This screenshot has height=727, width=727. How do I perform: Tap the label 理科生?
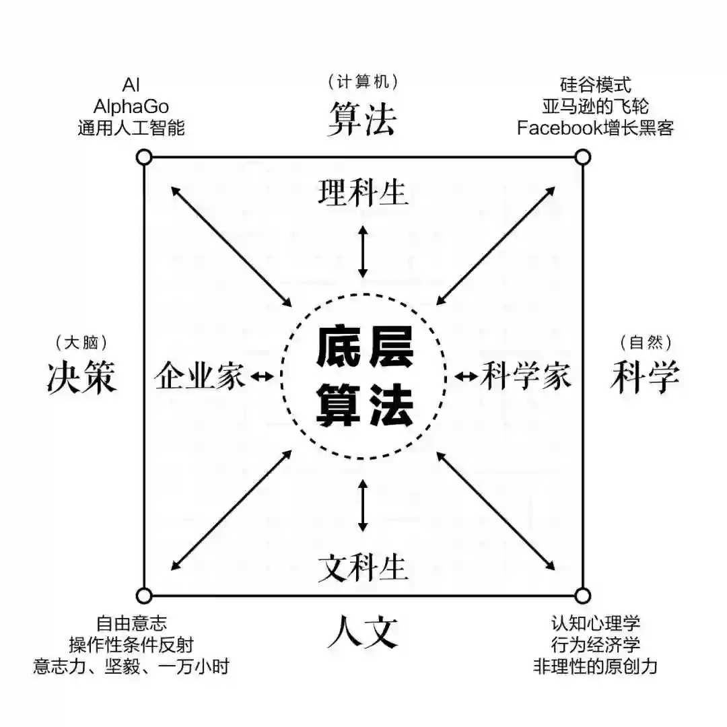pos(363,193)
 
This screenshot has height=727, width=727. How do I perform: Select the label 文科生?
pos(363,567)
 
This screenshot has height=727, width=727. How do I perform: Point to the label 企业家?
pos(200,376)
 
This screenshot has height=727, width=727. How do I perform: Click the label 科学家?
pos(526,376)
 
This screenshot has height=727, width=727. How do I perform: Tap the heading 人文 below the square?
pos(363,633)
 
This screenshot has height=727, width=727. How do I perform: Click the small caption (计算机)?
pos(363,82)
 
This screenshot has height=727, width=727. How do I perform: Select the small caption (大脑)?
pos(82,342)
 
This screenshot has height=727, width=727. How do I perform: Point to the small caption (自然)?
pos(645,342)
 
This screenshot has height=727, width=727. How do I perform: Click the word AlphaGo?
pos(131,106)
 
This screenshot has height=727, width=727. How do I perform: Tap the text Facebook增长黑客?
pos(595,128)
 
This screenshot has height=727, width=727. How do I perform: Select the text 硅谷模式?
pos(595,85)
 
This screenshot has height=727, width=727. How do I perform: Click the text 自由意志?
pos(131,623)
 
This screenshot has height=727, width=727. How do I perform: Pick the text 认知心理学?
pos(595,623)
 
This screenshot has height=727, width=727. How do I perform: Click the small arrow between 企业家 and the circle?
pos(263,377)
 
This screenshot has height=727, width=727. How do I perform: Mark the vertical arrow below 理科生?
pos(363,251)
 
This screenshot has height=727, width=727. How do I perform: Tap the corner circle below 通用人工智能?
pos(143,158)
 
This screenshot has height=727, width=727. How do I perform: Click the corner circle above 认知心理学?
pos(583,595)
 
